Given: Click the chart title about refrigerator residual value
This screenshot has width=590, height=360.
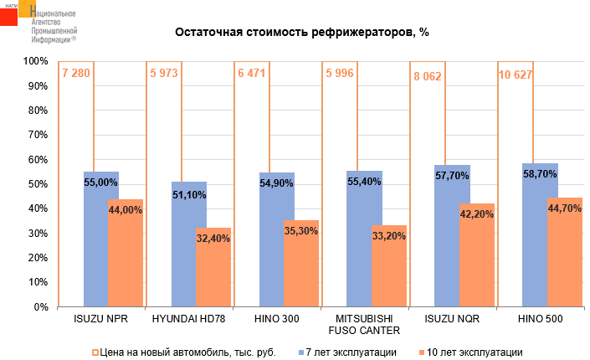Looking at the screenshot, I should pos(301,33).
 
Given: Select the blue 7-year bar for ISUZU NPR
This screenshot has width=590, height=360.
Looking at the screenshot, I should pos(100,243).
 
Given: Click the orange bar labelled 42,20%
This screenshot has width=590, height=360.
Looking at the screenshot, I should pos(475,260).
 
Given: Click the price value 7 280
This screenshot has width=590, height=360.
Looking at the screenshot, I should pos(75,74).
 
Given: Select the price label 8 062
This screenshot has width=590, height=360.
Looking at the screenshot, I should pos(427,76).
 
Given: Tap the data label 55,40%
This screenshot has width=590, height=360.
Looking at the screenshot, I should pos(363,182).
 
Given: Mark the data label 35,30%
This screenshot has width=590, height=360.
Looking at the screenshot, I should pos(300,232).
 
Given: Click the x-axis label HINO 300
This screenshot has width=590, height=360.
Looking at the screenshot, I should pos(277,320).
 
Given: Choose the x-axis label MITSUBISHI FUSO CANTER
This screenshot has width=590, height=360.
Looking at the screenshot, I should pos(364,325).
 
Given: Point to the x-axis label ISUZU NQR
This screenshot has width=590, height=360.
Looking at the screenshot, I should pos(452,320).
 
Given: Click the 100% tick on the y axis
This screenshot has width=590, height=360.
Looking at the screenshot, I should pos(36,61).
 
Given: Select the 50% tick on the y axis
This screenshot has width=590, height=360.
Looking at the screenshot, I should pos(38,184).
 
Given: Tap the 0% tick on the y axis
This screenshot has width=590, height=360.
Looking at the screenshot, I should pos(41,307).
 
